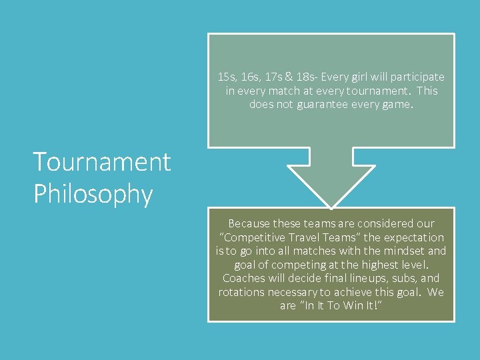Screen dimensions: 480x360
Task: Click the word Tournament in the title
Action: (102, 162)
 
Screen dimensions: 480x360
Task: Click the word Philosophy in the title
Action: (93, 194)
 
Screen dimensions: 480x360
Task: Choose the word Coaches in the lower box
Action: (245, 279)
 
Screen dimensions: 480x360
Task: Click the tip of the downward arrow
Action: (331, 206)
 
